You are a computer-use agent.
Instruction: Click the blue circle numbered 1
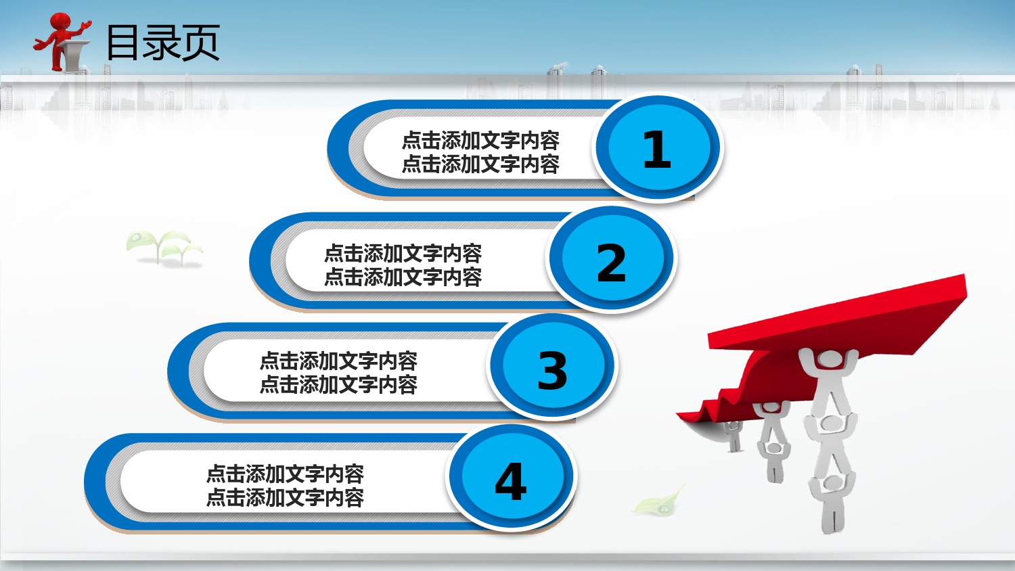(x=658, y=147)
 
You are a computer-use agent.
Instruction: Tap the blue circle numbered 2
(x=612, y=258)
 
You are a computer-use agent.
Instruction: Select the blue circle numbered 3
(x=553, y=365)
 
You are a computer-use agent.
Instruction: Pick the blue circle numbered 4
(x=512, y=476)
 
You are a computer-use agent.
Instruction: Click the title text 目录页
(x=163, y=43)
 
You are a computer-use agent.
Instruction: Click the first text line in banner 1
(x=480, y=141)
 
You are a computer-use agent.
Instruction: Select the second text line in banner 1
(x=480, y=164)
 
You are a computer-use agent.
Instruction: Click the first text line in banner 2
(x=403, y=253)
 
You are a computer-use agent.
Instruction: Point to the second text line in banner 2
(x=403, y=277)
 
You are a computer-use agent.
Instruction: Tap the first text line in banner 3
(x=338, y=361)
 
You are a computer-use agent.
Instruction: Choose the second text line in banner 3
(x=338, y=385)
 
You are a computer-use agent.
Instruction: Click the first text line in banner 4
(x=285, y=474)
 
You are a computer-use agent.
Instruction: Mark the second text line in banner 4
(x=285, y=497)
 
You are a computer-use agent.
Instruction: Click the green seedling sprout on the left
(x=163, y=247)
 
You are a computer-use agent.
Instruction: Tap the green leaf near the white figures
(x=660, y=501)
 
